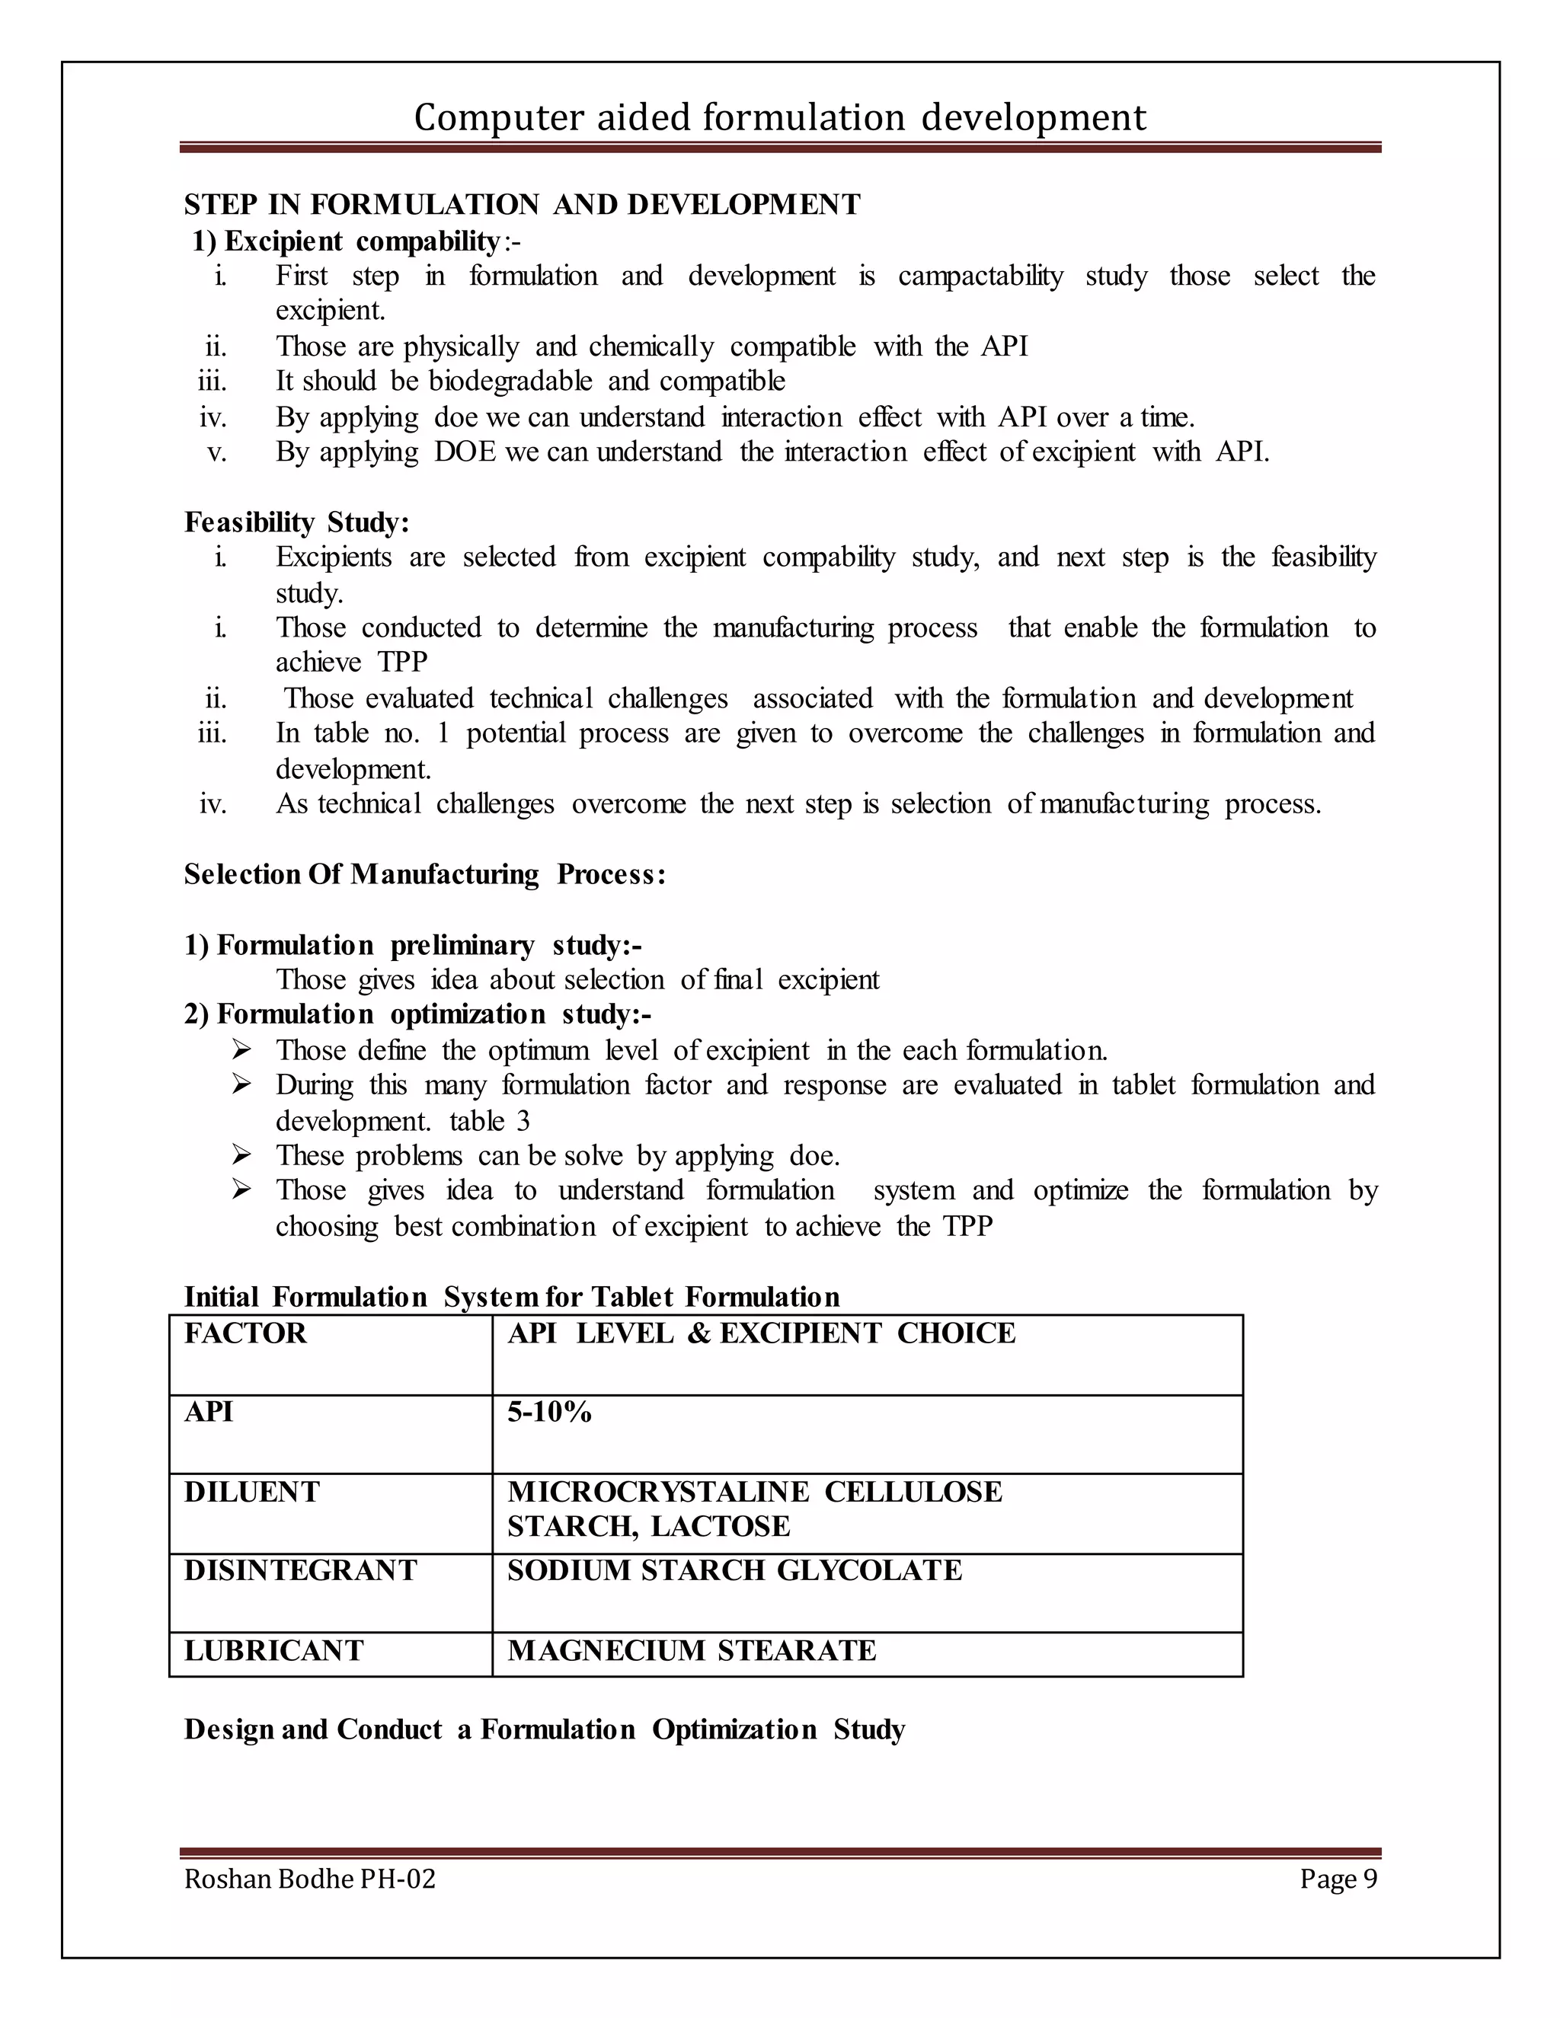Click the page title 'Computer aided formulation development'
(779, 118)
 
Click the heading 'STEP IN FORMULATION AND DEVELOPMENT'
(522, 204)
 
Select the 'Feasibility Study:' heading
(296, 522)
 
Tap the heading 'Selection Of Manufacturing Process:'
(424, 874)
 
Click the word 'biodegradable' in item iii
(510, 381)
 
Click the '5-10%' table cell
(549, 1412)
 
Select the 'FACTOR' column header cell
(245, 1333)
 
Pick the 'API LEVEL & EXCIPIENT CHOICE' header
(761, 1333)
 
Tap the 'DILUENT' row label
(251, 1491)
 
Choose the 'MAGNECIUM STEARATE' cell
(692, 1650)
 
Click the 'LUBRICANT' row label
(273, 1650)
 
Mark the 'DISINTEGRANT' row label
(300, 1571)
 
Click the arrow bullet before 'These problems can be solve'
(241, 1155)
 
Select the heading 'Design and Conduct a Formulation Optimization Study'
(545, 1729)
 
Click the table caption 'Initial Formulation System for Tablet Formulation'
(511, 1298)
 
